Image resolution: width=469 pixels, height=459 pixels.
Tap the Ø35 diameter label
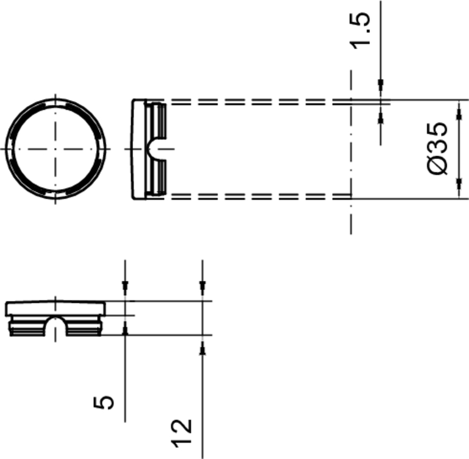pyautogui.click(x=438, y=148)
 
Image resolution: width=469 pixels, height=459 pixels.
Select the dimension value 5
pyautogui.click(x=104, y=402)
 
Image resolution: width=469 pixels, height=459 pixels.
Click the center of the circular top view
pyautogui.click(x=55, y=149)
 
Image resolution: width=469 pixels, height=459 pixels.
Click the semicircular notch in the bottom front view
pyautogui.click(x=55, y=325)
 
